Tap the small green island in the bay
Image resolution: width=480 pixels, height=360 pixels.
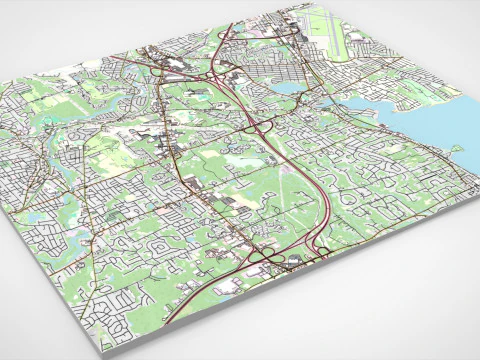pos(455,150)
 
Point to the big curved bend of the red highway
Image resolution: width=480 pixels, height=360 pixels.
pos(322,200)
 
